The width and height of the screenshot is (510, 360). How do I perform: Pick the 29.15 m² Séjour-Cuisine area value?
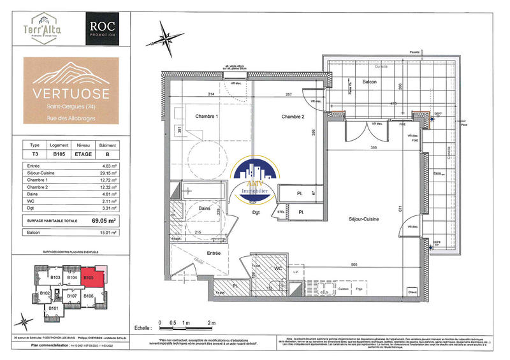tap(109, 173)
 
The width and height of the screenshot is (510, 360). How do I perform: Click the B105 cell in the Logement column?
tap(61, 154)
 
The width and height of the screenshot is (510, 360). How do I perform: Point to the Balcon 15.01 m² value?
tap(109, 233)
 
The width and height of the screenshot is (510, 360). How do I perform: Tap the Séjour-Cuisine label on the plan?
tap(361, 219)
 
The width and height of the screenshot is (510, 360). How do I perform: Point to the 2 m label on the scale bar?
tap(212, 324)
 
